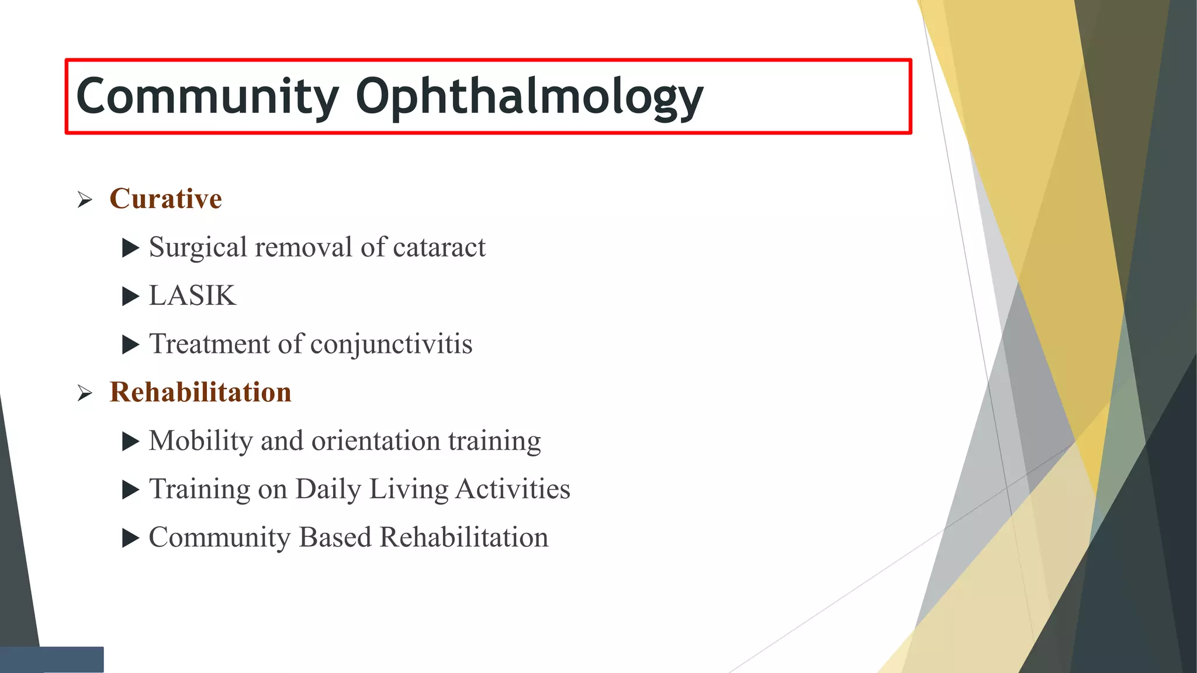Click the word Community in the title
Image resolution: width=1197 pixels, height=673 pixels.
[x=207, y=96]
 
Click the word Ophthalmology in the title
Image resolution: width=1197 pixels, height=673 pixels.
[x=529, y=97]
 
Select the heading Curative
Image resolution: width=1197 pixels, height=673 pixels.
[x=165, y=199]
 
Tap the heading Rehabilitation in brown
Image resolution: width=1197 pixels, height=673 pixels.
[x=200, y=392]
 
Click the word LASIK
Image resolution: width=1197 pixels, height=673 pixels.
[x=192, y=296]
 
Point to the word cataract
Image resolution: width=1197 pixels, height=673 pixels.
[x=439, y=247]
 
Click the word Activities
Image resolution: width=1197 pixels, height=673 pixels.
[x=513, y=489]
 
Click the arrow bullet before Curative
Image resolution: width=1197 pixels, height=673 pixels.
[x=85, y=200]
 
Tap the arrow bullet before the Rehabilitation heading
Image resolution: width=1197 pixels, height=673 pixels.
[x=85, y=394]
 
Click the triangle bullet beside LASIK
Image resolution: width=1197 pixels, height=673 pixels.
[x=130, y=297]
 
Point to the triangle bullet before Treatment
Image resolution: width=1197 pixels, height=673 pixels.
[x=130, y=345]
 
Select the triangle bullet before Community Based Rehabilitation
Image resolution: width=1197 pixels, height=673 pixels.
[x=130, y=538]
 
